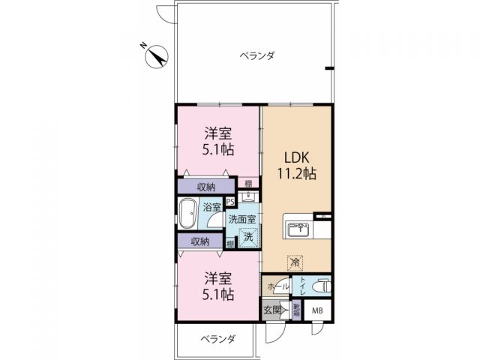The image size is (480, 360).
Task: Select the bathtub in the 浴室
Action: [x=188, y=214]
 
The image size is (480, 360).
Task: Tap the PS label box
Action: [x=229, y=201]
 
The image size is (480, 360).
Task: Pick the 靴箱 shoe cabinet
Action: [x=297, y=309]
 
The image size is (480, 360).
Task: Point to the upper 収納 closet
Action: [x=207, y=187]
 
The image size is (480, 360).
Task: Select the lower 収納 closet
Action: [x=200, y=241]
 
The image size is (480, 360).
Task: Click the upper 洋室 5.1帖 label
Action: [x=218, y=141]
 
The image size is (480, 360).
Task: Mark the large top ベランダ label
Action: [x=256, y=55]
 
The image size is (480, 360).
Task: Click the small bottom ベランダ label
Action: [x=217, y=339]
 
